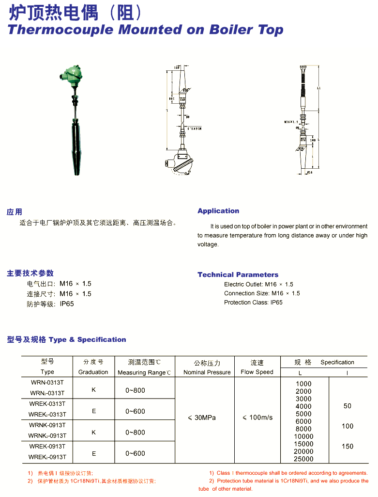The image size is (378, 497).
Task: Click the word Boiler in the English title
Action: pyautogui.click(x=231, y=30)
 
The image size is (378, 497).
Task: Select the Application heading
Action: pyautogui.click(x=218, y=211)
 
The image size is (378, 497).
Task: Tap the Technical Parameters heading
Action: pyautogui.click(x=238, y=274)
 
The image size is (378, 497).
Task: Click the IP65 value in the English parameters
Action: pyautogui.click(x=276, y=303)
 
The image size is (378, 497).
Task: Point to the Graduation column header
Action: pyautogui.click(x=93, y=372)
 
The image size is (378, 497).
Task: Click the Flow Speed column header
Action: pyautogui.click(x=257, y=372)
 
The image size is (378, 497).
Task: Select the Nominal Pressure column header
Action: pyautogui.click(x=207, y=372)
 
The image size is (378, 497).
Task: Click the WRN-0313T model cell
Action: pyautogui.click(x=47, y=383)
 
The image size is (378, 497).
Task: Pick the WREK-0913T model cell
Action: pyautogui.click(x=47, y=446)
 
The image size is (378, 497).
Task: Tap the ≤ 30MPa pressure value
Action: pyautogui.click(x=202, y=417)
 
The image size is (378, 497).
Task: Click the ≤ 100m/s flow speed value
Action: pyautogui.click(x=257, y=417)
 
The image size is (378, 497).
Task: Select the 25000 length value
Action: pyautogui.click(x=303, y=459)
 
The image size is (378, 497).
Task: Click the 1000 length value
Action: pyautogui.click(x=303, y=384)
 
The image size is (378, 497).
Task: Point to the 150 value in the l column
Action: pyautogui.click(x=348, y=446)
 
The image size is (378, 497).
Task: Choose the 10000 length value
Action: pyautogui.click(x=303, y=436)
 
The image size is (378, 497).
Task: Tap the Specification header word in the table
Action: pyautogui.click(x=337, y=362)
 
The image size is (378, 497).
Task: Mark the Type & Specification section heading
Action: pyautogui.click(x=87, y=339)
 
